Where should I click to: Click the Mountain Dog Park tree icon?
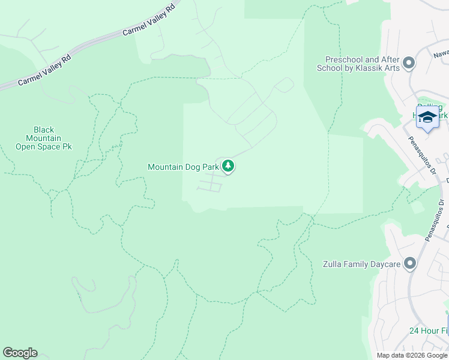228,166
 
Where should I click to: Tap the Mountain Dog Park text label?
183,167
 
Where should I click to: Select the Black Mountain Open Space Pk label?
44,138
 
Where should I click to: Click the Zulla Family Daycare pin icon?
410,263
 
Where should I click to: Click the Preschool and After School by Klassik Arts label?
359,64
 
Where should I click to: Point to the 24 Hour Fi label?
429,331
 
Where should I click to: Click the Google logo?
20,353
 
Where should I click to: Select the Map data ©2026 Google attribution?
412,355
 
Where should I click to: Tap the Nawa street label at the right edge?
441,53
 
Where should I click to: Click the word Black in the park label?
44,130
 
